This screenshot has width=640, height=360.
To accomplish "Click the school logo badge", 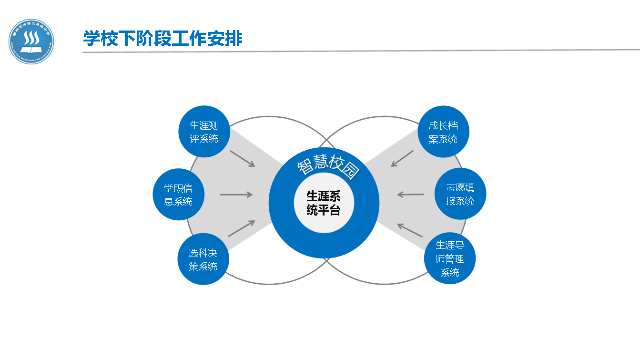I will click(31, 41).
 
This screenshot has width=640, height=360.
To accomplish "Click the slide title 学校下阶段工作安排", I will click(163, 38).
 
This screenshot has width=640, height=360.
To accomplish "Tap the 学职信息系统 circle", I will click(179, 195).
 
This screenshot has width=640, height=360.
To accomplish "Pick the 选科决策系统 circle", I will click(203, 259).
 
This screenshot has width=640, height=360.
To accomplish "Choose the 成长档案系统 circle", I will click(443, 132).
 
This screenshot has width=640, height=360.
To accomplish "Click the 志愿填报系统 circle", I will click(460, 194).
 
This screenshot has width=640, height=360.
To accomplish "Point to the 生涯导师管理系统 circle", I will click(450, 258).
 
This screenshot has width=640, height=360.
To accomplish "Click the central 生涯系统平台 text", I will click(324, 203).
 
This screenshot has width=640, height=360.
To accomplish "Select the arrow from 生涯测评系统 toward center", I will click(243, 159).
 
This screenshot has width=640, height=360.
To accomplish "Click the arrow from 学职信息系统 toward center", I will click(236, 195).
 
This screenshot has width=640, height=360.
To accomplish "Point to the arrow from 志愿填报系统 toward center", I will click(410, 195).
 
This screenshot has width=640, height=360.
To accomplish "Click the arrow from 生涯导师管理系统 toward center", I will click(410, 230).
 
